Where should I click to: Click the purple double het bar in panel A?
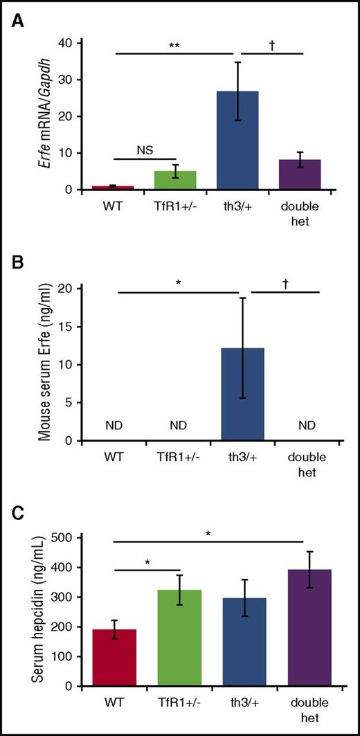click(300, 174)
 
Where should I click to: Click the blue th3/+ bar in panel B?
click(242, 395)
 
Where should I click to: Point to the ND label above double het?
click(299, 424)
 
